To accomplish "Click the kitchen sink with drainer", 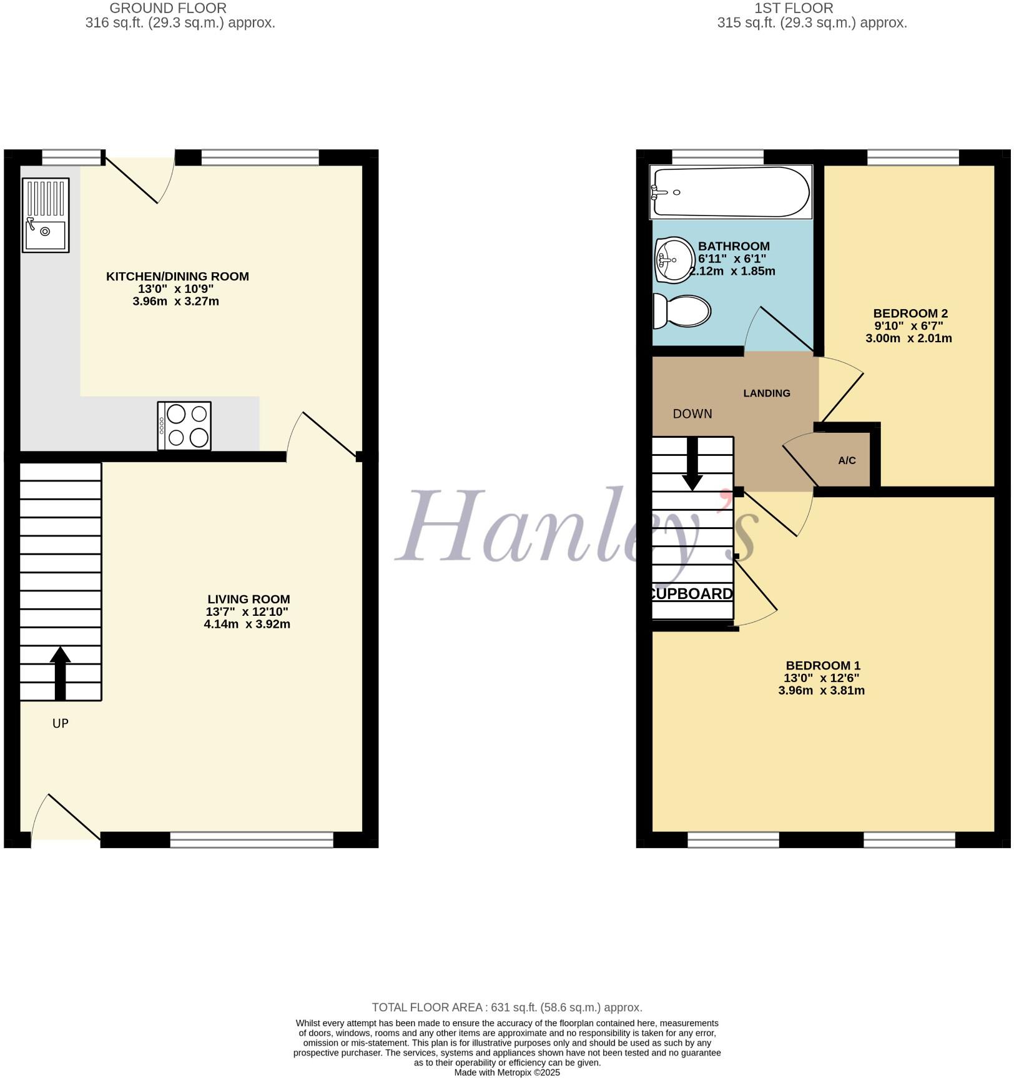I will click(x=46, y=215).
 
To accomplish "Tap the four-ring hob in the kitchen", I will click(x=184, y=425).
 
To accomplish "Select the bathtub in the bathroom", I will click(x=731, y=192).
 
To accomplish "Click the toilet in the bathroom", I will click(x=682, y=311).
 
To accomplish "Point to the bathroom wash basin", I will click(x=674, y=259).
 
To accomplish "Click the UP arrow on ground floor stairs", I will click(x=60, y=673).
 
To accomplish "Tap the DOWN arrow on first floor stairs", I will click(x=692, y=463).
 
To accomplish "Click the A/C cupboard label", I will click(x=847, y=460).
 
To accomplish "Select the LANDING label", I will click(x=766, y=393).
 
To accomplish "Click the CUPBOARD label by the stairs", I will click(x=691, y=593).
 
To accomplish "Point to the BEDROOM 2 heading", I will click(x=910, y=313).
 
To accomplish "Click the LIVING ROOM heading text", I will click(x=249, y=599).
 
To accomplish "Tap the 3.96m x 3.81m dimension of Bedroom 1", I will click(x=821, y=690).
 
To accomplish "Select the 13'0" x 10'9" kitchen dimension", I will click(x=176, y=289).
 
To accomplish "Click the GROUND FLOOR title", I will click(x=168, y=8).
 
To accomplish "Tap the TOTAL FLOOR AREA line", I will click(x=506, y=1007).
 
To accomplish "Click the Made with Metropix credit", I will click(x=506, y=1072).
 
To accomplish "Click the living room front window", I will click(x=252, y=839).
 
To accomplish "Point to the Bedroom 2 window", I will click(x=913, y=157).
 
